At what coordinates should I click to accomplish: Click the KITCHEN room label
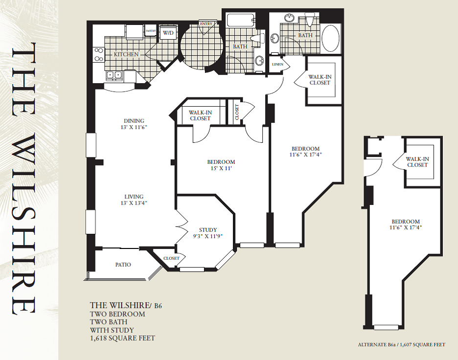[x=126, y=54]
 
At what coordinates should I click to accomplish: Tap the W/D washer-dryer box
[x=168, y=33]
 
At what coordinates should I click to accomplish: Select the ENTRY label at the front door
[x=205, y=23]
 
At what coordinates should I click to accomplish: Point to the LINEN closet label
[x=277, y=64]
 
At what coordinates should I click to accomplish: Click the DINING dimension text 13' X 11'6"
[x=134, y=128]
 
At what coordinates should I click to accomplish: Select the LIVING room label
[x=134, y=197]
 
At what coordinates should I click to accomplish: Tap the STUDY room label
[x=208, y=230]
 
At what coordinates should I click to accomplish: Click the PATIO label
[x=123, y=265]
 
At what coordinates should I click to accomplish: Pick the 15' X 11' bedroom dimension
[x=221, y=169]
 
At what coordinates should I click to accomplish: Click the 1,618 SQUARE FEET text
[x=123, y=338]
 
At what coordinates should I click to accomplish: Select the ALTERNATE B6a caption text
[x=401, y=345]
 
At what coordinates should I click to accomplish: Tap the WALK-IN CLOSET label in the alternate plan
[x=417, y=162]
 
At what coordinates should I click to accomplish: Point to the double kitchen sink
[x=115, y=75]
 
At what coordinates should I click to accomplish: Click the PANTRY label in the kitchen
[x=151, y=31]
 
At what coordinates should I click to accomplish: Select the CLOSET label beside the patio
[x=171, y=258]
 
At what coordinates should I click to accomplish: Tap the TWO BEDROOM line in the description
[x=117, y=314]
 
